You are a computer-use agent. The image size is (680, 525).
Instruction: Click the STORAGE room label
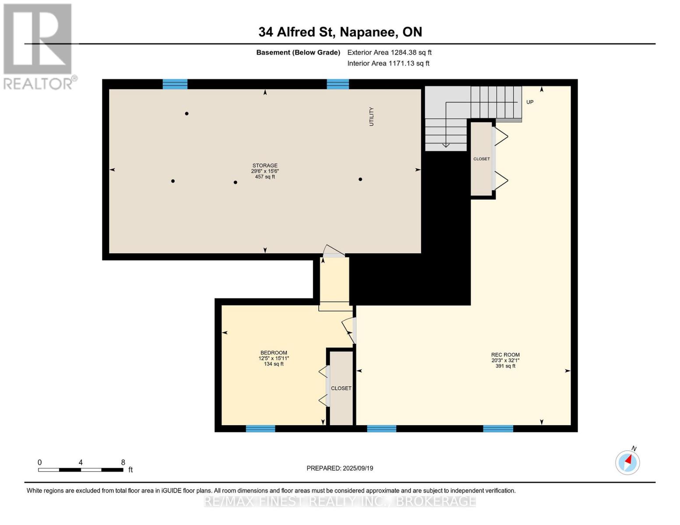click(265, 165)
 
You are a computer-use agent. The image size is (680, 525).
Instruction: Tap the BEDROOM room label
click(274, 353)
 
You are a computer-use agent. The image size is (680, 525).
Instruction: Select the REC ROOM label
click(505, 354)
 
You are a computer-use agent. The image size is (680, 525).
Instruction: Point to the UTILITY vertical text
click(371, 117)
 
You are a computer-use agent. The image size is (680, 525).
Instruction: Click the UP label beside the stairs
click(530, 102)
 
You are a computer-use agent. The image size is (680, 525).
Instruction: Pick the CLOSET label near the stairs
click(481, 159)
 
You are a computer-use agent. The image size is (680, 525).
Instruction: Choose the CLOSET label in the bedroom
click(341, 388)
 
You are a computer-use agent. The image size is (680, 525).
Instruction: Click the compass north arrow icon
click(627, 462)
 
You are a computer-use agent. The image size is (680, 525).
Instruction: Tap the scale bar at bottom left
click(81, 469)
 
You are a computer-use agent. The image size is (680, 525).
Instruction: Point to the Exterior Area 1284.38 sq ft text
click(389, 52)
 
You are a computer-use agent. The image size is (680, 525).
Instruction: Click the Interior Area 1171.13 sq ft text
click(388, 63)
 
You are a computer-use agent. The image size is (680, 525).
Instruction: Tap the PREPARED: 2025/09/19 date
click(340, 468)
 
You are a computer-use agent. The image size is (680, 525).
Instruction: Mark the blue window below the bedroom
click(261, 428)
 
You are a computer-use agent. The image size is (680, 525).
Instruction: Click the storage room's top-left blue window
click(175, 84)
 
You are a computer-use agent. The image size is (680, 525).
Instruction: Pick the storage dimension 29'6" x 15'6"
click(265, 171)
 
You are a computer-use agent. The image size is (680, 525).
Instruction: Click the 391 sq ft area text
click(505, 366)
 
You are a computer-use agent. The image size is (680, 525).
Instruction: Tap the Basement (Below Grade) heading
click(298, 52)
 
